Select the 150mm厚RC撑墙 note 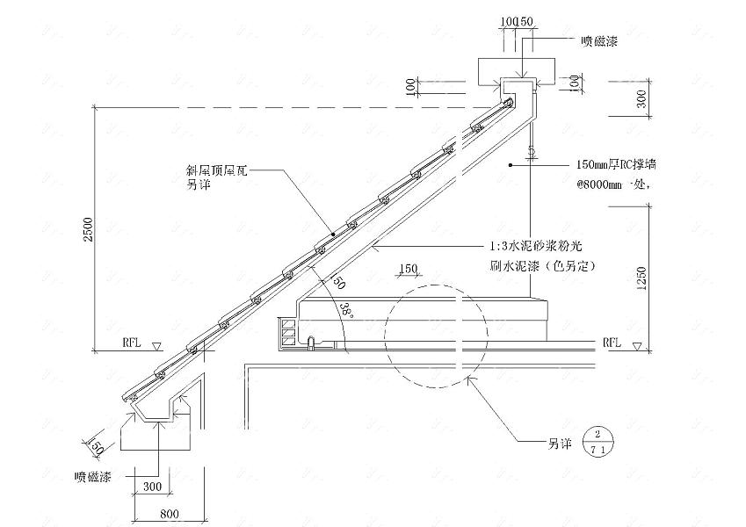(616, 164)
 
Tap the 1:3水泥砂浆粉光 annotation (536, 248)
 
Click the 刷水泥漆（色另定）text (543, 264)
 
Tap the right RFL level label (612, 343)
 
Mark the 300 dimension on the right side (644, 99)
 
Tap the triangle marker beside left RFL (156, 345)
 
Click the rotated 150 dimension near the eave (98, 447)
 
